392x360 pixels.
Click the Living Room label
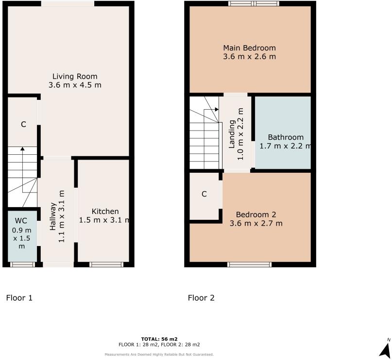[75, 77]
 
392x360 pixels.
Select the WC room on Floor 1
[22, 235]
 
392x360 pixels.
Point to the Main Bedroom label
[249, 48]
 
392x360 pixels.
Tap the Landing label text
[232, 134]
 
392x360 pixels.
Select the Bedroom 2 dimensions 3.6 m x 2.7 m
[256, 224]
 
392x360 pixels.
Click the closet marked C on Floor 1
[23, 124]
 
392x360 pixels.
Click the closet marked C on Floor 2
[204, 194]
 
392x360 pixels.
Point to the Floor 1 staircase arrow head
[22, 149]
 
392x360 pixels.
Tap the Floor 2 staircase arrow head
[216, 110]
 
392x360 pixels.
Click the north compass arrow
[385, 349]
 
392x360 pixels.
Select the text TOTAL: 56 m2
[159, 339]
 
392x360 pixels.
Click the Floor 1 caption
[19, 298]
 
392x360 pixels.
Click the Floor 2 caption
[201, 298]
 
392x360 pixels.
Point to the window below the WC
[22, 264]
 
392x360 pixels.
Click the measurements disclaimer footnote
[159, 354]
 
